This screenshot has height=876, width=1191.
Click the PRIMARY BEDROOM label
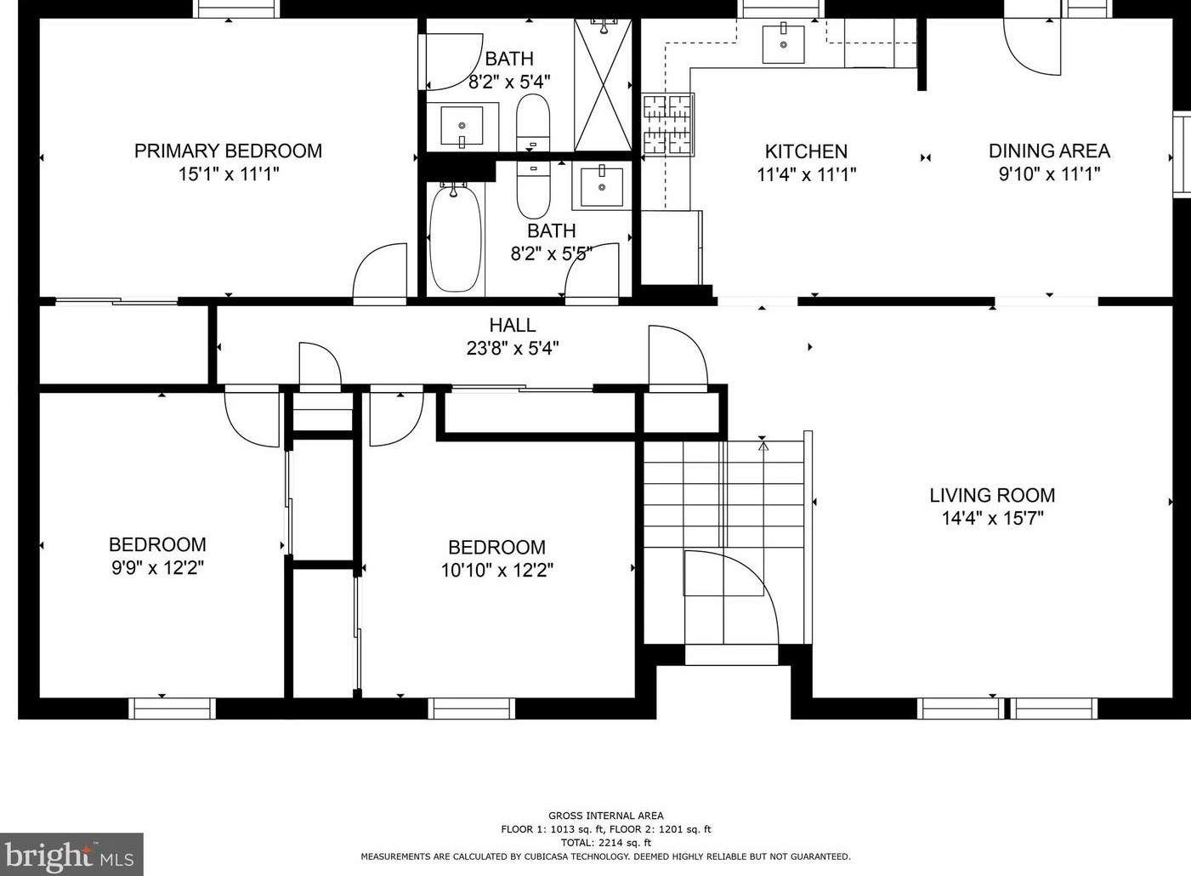pyautogui.click(x=228, y=151)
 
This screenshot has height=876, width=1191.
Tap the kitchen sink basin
pyautogui.click(x=783, y=44)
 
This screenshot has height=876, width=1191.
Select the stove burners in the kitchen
pyautogui.click(x=668, y=124)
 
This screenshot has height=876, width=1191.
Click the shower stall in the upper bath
pyautogui.click(x=603, y=85)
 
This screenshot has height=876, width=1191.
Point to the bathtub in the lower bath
pyautogui.click(x=455, y=237)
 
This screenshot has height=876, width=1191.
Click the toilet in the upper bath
pyautogui.click(x=533, y=123)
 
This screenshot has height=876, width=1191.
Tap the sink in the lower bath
pyautogui.click(x=602, y=187)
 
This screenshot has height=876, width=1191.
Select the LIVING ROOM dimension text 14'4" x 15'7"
pyautogui.click(x=993, y=518)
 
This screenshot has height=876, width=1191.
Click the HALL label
pyautogui.click(x=513, y=325)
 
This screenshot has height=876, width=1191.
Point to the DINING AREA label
pyautogui.click(x=1049, y=151)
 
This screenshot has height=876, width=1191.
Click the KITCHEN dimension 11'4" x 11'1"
pyautogui.click(x=807, y=174)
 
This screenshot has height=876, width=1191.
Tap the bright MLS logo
pyautogui.click(x=71, y=855)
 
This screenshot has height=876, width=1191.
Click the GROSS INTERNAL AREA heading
pyautogui.click(x=606, y=816)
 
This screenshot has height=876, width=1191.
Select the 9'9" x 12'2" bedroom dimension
pyautogui.click(x=157, y=569)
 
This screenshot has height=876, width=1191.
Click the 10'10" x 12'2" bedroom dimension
pyautogui.click(x=497, y=571)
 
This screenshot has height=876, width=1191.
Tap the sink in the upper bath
pyautogui.click(x=462, y=127)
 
